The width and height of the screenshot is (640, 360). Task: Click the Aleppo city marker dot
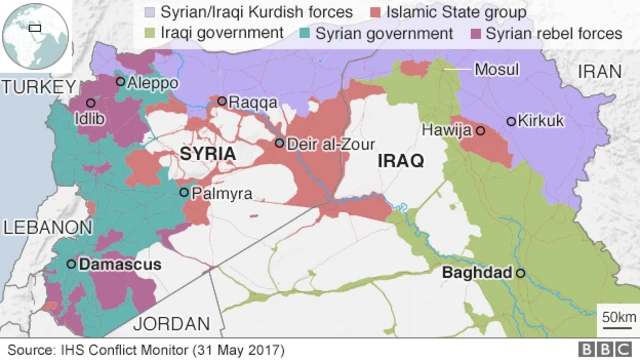(121, 82)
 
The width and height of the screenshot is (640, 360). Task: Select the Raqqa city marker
(222, 101)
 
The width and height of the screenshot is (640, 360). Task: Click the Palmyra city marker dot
(184, 192)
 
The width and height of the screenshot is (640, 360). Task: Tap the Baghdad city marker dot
(520, 272)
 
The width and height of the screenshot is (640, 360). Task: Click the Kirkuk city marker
(511, 121)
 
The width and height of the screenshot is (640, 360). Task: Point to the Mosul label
(497, 70)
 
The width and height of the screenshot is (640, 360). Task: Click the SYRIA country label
(208, 154)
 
